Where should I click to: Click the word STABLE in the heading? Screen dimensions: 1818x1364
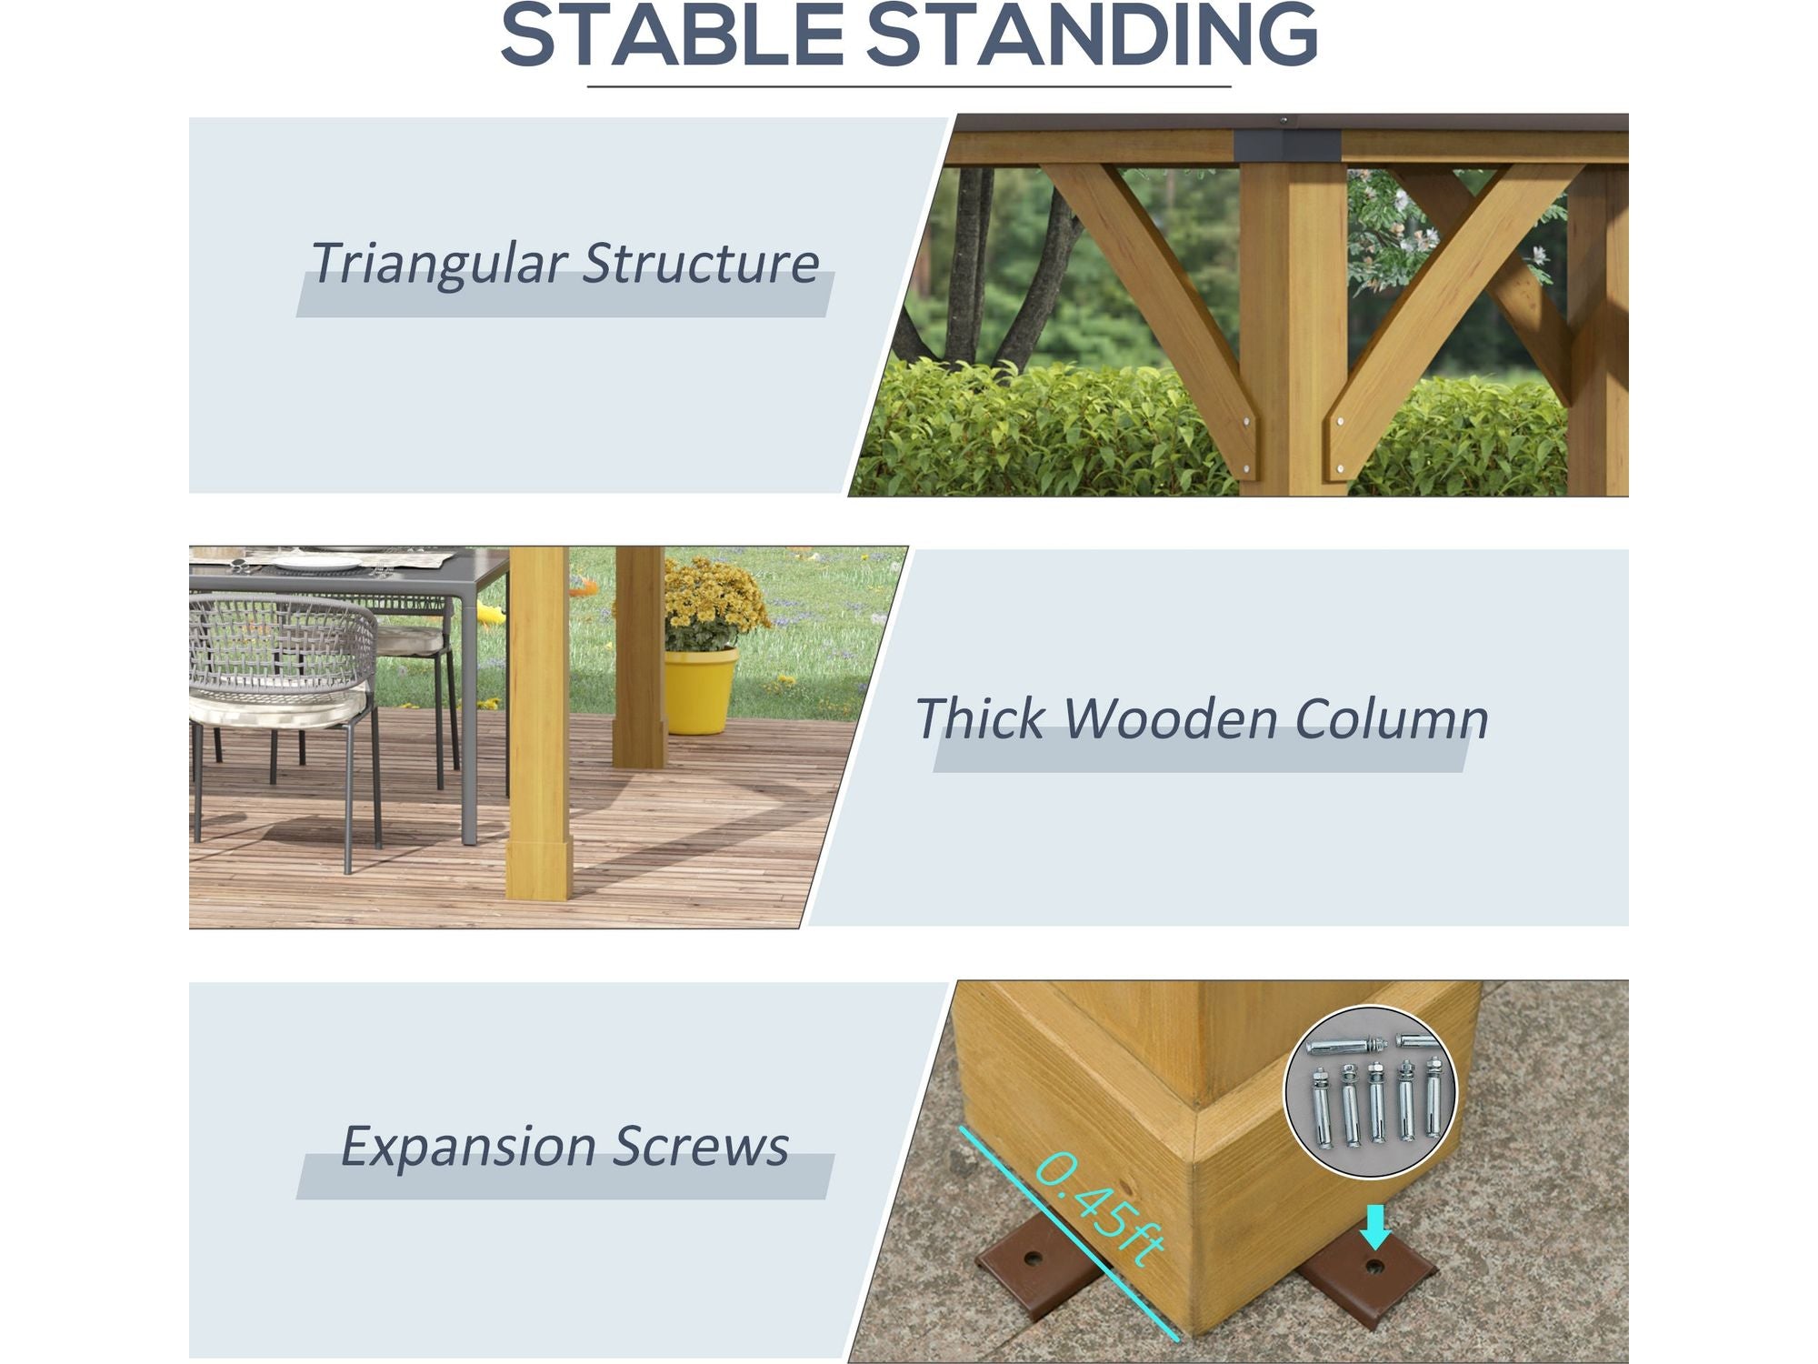tap(674, 35)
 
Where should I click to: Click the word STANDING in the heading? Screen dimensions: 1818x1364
tap(1092, 35)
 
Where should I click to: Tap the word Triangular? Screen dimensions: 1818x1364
tap(438, 265)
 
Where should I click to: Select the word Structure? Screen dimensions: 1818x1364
tap(701, 264)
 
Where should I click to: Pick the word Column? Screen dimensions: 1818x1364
tap(1392, 718)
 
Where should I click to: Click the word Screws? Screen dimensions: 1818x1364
tap(699, 1147)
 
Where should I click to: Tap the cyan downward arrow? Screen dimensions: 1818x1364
tap(1376, 1227)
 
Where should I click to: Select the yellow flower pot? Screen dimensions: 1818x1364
tap(700, 690)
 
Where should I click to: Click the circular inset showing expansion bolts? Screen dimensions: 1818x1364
tap(1370, 1092)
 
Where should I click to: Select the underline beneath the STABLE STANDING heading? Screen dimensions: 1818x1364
tap(909, 86)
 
